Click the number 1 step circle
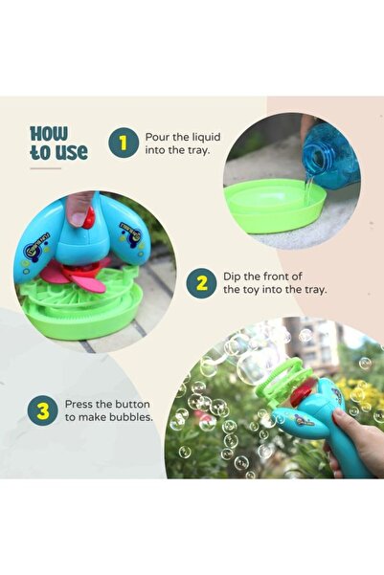coord(122,144)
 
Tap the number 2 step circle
coord(201,283)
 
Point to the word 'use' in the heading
coord(73,152)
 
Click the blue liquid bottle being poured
coord(330,153)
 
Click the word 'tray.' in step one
coord(201,150)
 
